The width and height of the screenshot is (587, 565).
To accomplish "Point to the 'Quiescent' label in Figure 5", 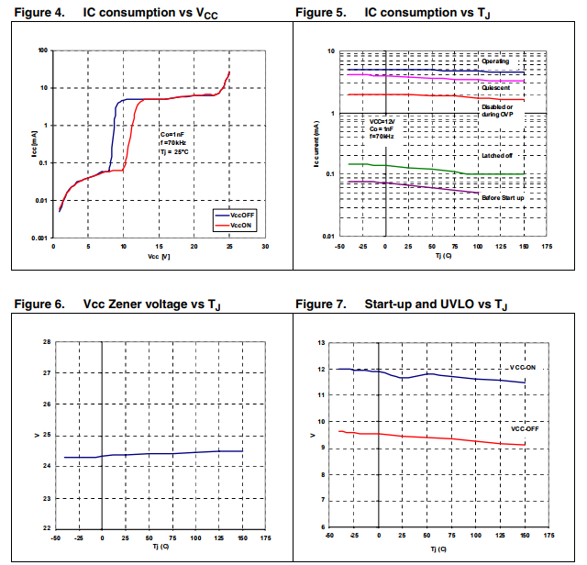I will click(x=499, y=86).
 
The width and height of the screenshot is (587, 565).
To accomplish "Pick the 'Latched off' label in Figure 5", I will click(x=496, y=157).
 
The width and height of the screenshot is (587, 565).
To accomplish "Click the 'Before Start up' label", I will click(x=502, y=195).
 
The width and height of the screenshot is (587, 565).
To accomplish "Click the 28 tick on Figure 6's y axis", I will click(x=47, y=342).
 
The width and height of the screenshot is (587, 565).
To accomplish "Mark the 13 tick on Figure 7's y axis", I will click(x=322, y=342).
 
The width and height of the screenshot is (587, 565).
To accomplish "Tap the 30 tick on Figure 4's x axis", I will click(x=264, y=247).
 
